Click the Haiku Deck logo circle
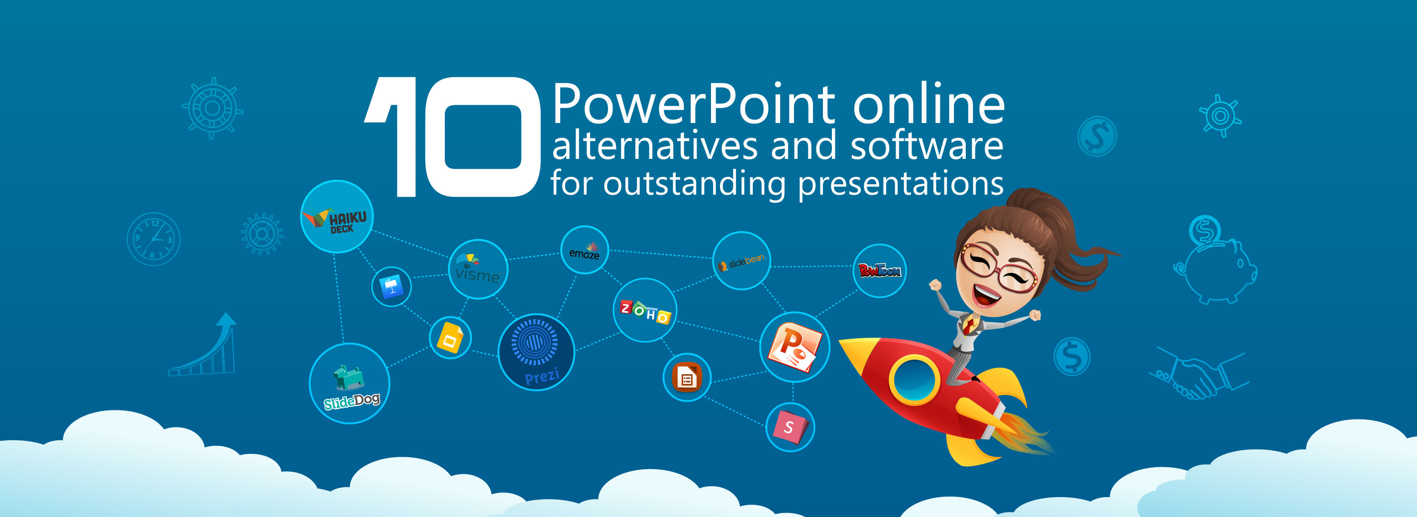[x=337, y=216]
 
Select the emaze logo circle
[x=584, y=250]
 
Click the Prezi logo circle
[x=536, y=352]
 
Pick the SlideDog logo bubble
[x=349, y=383]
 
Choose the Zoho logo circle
[x=645, y=310]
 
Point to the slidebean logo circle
[x=741, y=260]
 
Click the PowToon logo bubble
[x=879, y=271]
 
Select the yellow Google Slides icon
[x=450, y=337]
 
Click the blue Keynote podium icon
[x=391, y=286]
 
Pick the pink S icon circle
[x=790, y=427]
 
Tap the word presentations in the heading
[x=901, y=183]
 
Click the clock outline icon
[x=153, y=239]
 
